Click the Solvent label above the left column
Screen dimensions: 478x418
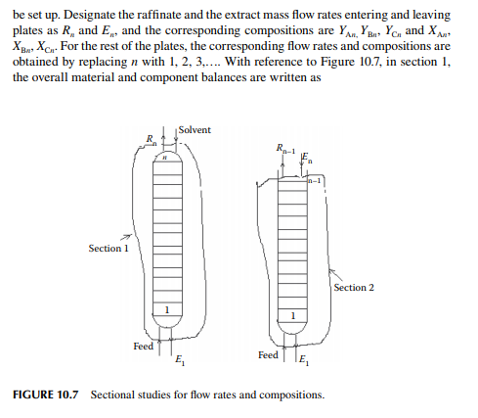click(195, 130)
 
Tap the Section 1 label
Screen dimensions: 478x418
click(109, 249)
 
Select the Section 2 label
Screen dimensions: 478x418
click(354, 288)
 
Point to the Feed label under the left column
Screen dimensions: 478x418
click(143, 346)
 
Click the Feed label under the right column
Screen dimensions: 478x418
click(268, 354)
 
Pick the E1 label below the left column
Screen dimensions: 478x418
click(180, 360)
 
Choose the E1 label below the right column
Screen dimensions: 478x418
click(304, 360)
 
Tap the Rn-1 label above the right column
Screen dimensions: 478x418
click(285, 149)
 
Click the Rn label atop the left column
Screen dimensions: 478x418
click(152, 140)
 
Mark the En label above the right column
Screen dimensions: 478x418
click(307, 158)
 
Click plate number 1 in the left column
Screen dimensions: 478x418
click(167, 309)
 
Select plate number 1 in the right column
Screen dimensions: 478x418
click(293, 315)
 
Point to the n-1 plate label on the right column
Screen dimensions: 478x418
click(315, 180)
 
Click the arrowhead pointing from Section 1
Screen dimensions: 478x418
click(128, 236)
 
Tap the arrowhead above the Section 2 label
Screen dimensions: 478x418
click(331, 271)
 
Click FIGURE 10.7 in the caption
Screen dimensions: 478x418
click(46, 395)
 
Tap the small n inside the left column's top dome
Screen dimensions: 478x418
click(165, 158)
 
